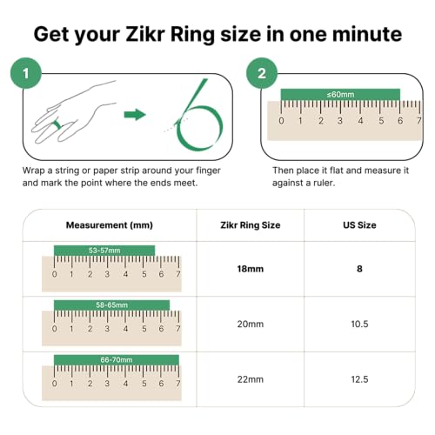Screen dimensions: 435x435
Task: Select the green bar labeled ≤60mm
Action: [x=340, y=94]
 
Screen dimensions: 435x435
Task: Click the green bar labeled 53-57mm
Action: [x=104, y=250]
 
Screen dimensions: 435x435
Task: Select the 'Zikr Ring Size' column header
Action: [x=249, y=224]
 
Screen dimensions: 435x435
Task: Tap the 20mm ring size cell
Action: [x=250, y=325]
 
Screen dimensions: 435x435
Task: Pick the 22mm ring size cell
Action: [x=250, y=379]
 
